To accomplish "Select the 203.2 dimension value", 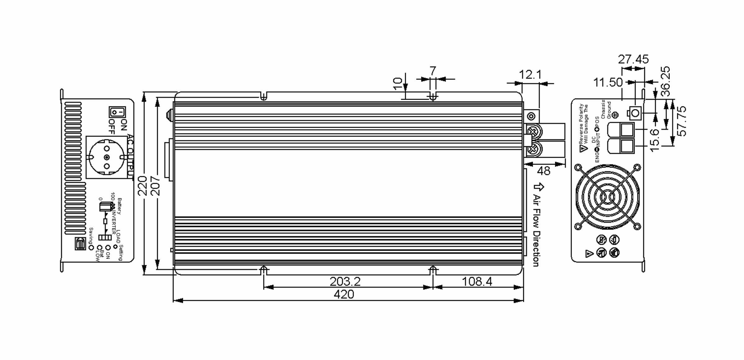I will [345, 282].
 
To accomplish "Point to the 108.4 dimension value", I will [477, 282].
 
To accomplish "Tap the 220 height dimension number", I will [142, 186].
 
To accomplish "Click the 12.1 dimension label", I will [530, 75].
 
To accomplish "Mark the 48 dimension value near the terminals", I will [543, 171].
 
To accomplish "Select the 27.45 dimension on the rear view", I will [633, 59].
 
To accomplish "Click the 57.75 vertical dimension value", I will [681, 121].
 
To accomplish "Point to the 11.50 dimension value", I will [608, 82].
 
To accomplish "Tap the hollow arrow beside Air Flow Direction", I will [539, 187].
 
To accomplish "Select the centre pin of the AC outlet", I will [107, 157].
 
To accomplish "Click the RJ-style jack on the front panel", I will [81, 244].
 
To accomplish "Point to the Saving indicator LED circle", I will [91, 248].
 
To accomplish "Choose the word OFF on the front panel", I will [112, 126].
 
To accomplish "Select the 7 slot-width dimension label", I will [433, 71].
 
